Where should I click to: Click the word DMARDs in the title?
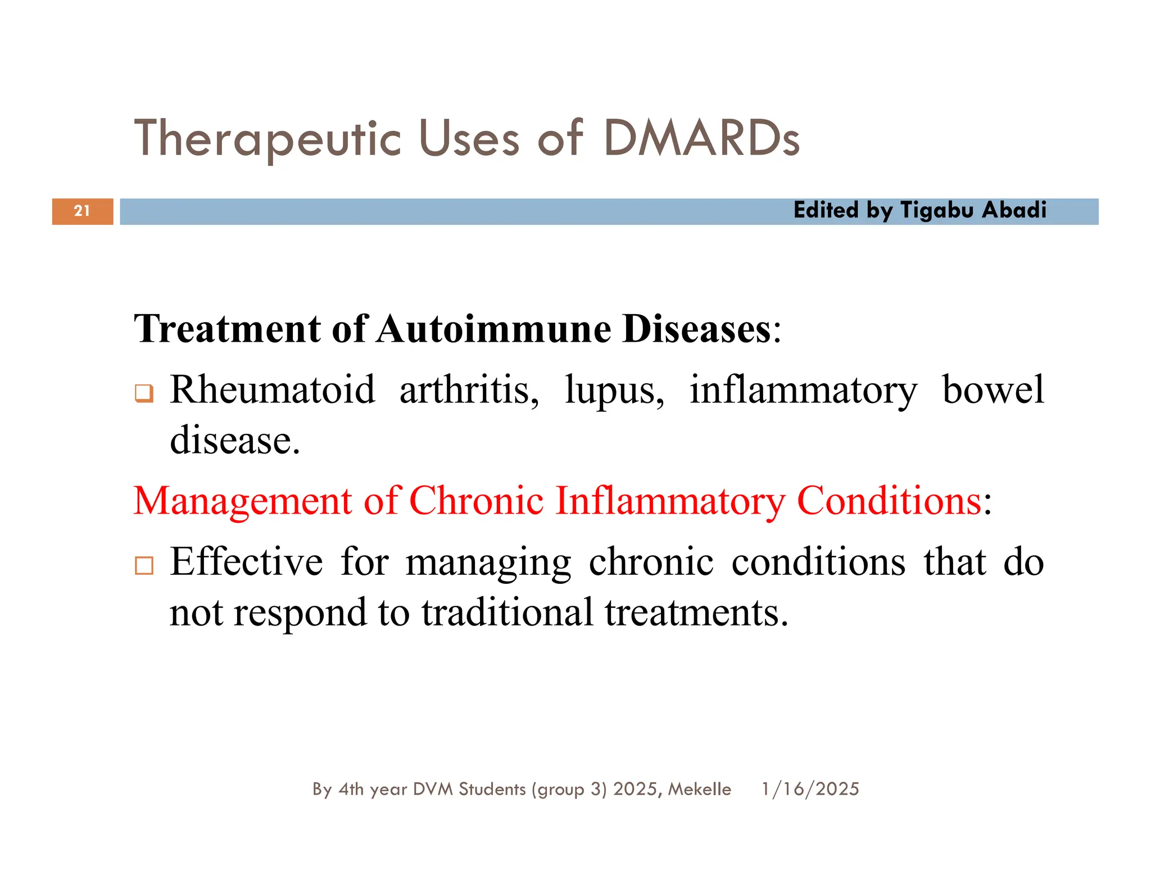click(x=701, y=138)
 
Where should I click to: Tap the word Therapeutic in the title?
click(x=268, y=139)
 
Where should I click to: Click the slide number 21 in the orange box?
click(x=82, y=211)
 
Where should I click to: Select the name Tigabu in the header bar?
click(x=937, y=211)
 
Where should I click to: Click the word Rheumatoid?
click(x=273, y=389)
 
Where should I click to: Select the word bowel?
click(x=993, y=389)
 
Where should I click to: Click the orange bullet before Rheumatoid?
click(x=144, y=393)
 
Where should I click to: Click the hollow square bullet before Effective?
click(x=144, y=565)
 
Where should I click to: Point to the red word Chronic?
click(x=476, y=500)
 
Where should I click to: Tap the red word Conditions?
click(x=889, y=500)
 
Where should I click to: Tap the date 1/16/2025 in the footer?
click(x=810, y=789)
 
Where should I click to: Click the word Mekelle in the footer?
click(x=700, y=789)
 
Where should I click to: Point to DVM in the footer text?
click(x=433, y=789)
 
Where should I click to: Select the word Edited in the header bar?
click(x=826, y=210)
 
